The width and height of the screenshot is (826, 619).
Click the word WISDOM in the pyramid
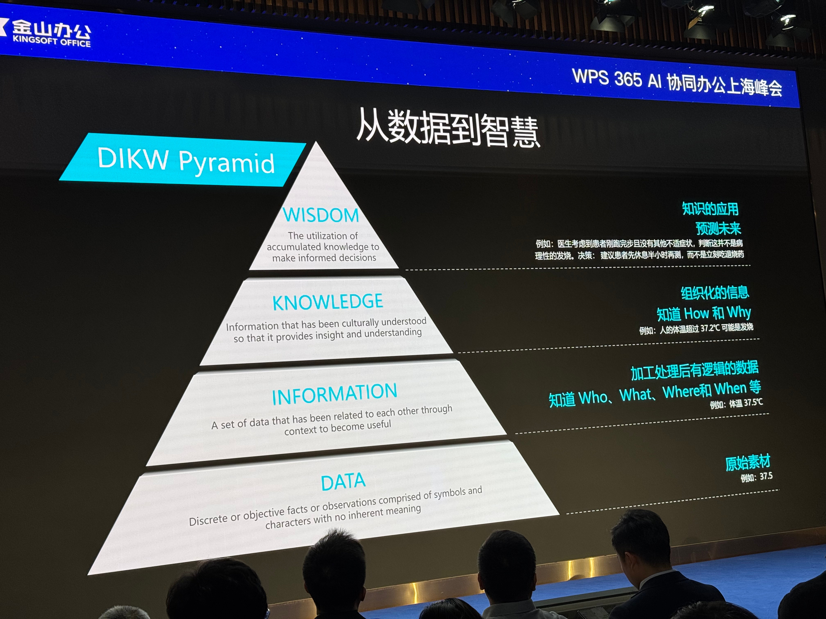(x=321, y=215)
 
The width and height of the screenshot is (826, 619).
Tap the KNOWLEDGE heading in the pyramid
(x=328, y=302)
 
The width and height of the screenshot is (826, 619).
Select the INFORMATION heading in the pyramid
(x=334, y=394)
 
